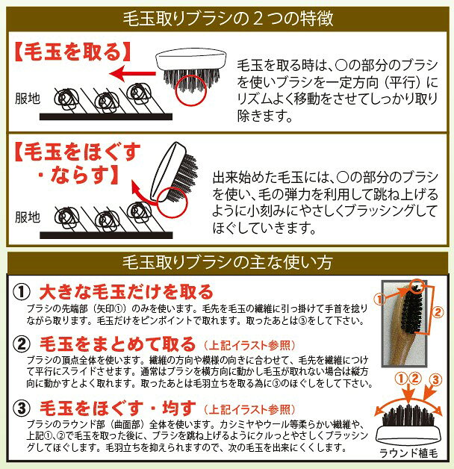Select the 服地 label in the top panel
(x=28, y=99)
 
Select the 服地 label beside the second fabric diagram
(x=28, y=217)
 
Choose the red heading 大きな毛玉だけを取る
(x=126, y=291)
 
